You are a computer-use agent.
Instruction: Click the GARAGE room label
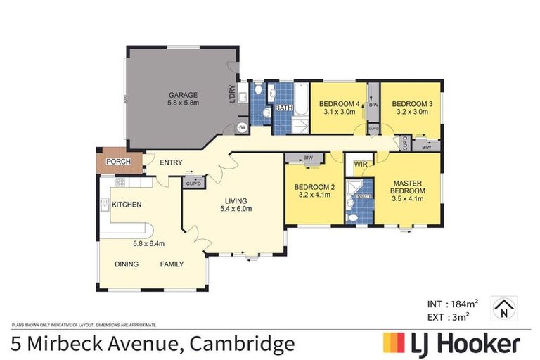[182, 95]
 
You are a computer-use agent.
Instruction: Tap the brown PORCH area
[115, 162]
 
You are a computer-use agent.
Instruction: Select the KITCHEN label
[127, 205]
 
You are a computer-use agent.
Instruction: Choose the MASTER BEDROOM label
[408, 186]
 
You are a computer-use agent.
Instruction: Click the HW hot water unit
[241, 127]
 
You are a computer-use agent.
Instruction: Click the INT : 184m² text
[453, 304]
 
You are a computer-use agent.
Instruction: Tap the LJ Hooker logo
[451, 343]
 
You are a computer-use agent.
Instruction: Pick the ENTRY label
[171, 163]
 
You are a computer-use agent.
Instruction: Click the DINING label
[127, 264]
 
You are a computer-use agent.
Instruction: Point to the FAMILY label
[172, 264]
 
